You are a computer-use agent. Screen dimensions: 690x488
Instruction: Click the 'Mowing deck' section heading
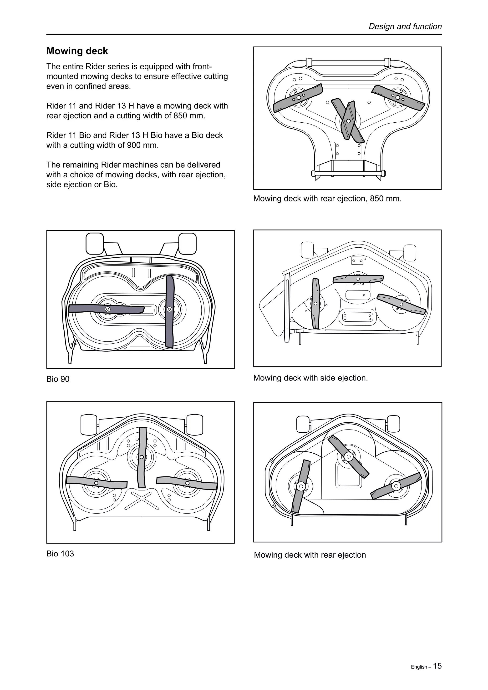click(77, 51)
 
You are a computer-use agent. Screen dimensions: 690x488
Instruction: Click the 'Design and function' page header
click(405, 26)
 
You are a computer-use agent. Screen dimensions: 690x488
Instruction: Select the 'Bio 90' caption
click(58, 379)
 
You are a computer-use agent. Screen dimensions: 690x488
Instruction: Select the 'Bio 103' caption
click(60, 553)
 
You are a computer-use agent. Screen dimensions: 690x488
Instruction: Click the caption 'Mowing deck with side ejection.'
click(310, 378)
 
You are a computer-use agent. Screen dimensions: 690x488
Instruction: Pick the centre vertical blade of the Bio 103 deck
click(141, 457)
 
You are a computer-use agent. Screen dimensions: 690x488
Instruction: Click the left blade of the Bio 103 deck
click(96, 483)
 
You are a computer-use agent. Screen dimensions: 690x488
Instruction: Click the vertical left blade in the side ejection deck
click(315, 304)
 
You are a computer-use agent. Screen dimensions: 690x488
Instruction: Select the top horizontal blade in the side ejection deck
click(358, 279)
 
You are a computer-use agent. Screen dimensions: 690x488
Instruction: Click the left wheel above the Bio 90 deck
click(95, 243)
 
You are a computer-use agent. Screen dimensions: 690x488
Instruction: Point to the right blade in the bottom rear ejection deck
click(396, 486)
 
